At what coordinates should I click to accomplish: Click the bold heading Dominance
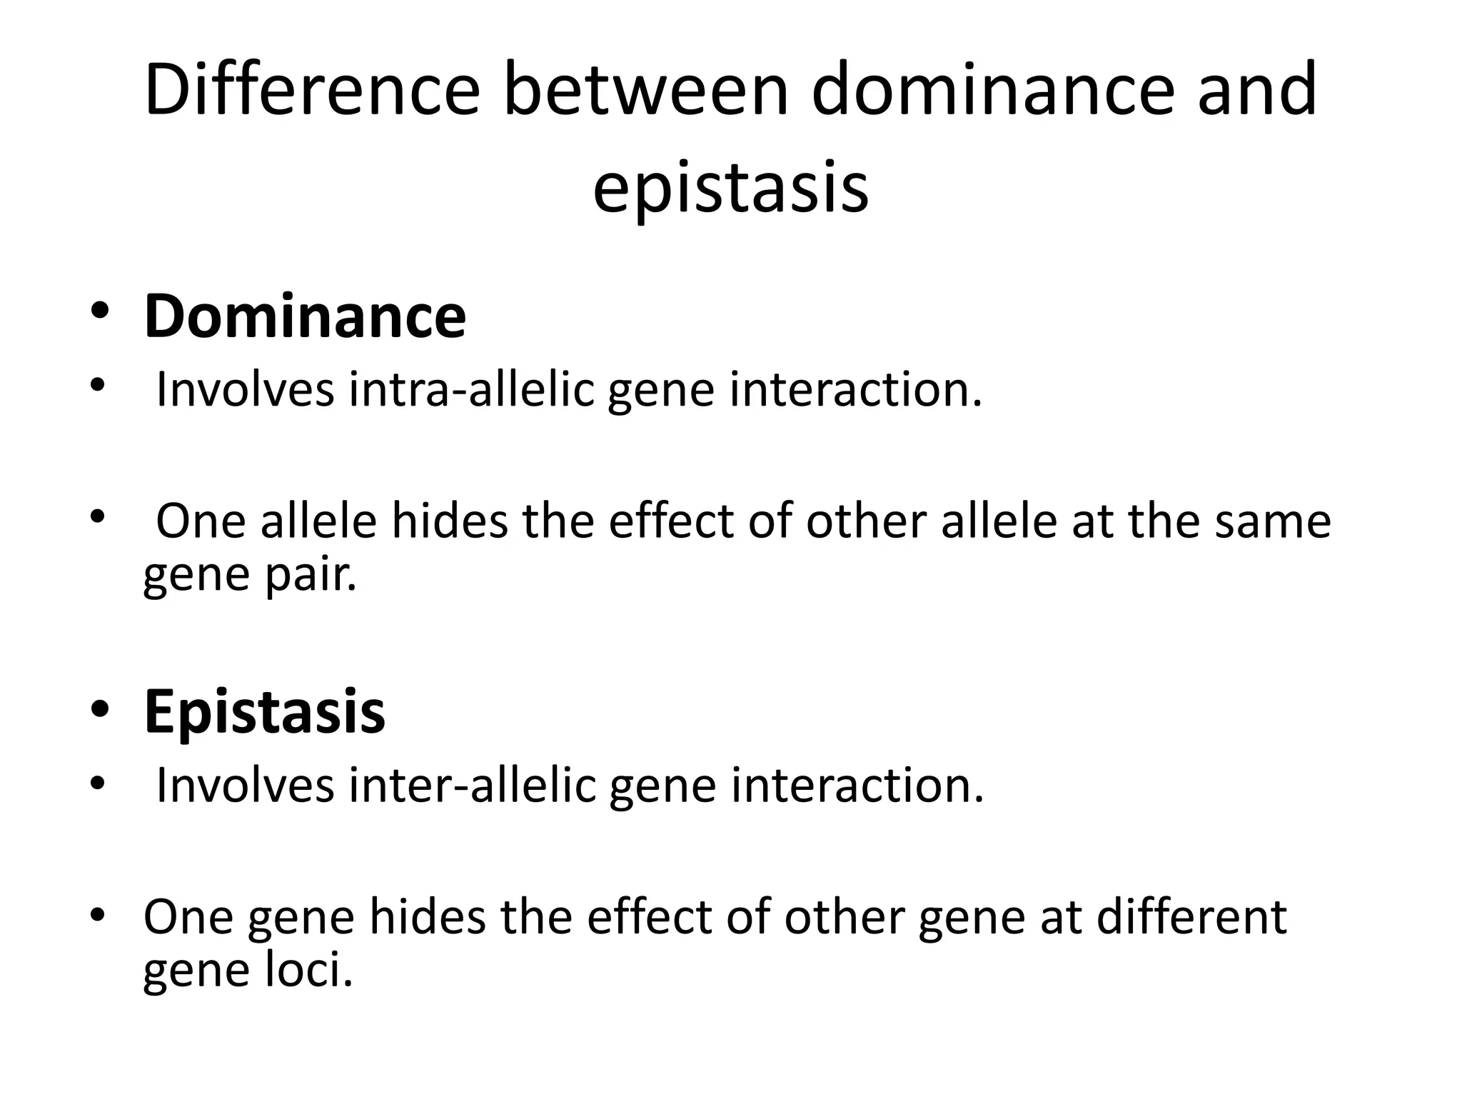(x=305, y=316)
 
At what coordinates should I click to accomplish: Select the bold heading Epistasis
(x=264, y=711)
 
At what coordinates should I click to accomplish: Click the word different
(x=1191, y=917)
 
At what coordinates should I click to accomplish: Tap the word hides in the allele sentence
(x=449, y=521)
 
